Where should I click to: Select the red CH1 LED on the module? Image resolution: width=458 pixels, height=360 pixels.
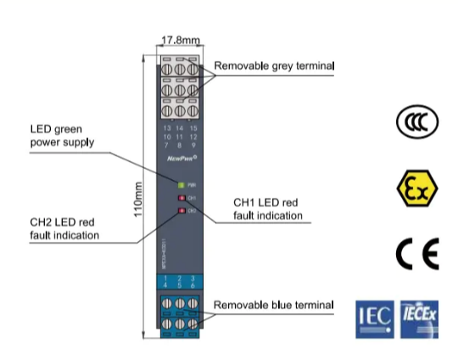[x=181, y=197]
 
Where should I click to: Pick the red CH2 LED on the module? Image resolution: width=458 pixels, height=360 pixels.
[x=181, y=209]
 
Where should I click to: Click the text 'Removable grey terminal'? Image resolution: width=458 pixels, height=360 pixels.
[x=274, y=65]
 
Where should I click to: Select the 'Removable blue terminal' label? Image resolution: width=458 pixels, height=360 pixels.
[x=272, y=304]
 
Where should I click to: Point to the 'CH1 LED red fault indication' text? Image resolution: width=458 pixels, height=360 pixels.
[x=268, y=210]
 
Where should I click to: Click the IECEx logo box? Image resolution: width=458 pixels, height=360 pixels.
[x=418, y=317]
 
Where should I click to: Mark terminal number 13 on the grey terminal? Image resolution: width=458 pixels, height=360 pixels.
[x=167, y=128]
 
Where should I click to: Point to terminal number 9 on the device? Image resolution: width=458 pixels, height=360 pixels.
[x=193, y=143]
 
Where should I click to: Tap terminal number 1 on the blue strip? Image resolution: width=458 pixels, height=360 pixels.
[x=166, y=277]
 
